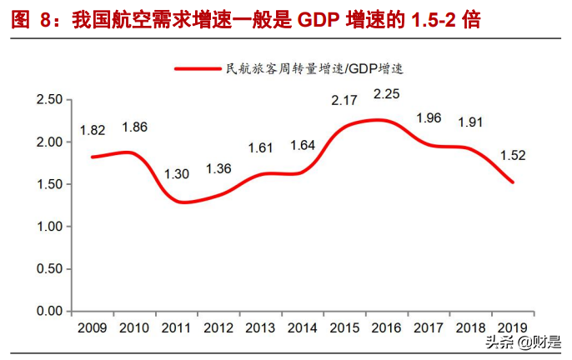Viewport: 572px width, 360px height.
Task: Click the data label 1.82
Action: pyautogui.click(x=93, y=131)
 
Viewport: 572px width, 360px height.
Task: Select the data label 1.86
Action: pyautogui.click(x=135, y=127)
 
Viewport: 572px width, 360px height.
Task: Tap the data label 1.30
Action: pyautogui.click(x=176, y=175)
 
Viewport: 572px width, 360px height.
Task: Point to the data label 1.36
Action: pyautogui.click(x=218, y=169)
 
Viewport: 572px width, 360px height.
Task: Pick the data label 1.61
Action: pyautogui.click(x=261, y=148)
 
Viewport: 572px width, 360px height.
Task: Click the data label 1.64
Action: pyautogui.click(x=303, y=146)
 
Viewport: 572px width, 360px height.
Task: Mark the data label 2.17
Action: pyautogui.click(x=345, y=101)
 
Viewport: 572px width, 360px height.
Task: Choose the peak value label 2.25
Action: pyautogui.click(x=387, y=94)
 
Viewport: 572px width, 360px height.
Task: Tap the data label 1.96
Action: pyautogui.click(x=429, y=118)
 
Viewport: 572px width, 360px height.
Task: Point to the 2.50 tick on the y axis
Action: pyautogui.click(x=50, y=100)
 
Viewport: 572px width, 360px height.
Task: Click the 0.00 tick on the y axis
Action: pyautogui.click(x=50, y=312)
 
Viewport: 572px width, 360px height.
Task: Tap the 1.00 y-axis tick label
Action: pyautogui.click(x=50, y=227)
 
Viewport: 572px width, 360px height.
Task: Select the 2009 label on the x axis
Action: pyautogui.click(x=93, y=327)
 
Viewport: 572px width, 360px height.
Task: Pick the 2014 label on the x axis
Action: pyautogui.click(x=303, y=327)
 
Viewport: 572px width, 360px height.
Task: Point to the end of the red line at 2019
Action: pyautogui.click(x=513, y=182)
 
